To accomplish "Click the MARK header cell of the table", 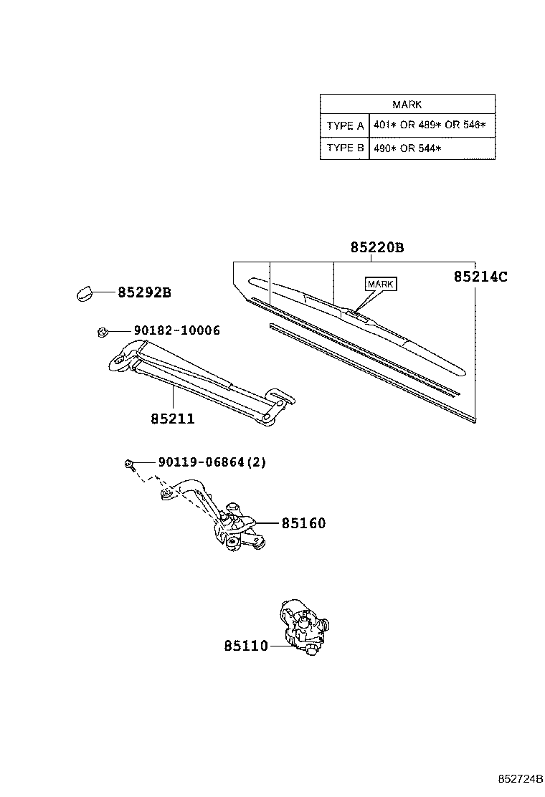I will (407, 105).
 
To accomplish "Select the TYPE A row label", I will (345, 126).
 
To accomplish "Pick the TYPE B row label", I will (345, 148).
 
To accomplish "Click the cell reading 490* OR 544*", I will (407, 148).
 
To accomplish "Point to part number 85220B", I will (377, 248).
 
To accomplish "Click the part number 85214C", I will (480, 276).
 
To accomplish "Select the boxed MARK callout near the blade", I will (380, 285).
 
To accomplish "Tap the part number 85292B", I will (144, 292).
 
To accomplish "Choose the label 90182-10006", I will (176, 330).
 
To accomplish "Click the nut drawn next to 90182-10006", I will (102, 331).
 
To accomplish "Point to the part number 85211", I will (173, 419).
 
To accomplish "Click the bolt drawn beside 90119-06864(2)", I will (128, 464).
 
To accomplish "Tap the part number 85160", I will (303, 524).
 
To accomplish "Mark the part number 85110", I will (245, 646).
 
